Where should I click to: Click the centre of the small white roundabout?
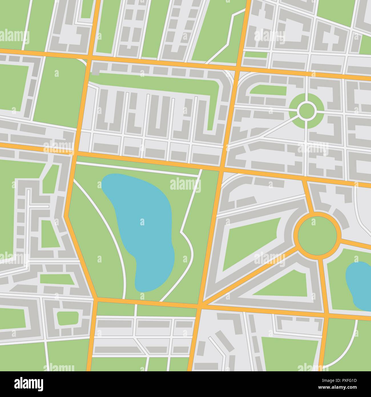306,110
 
